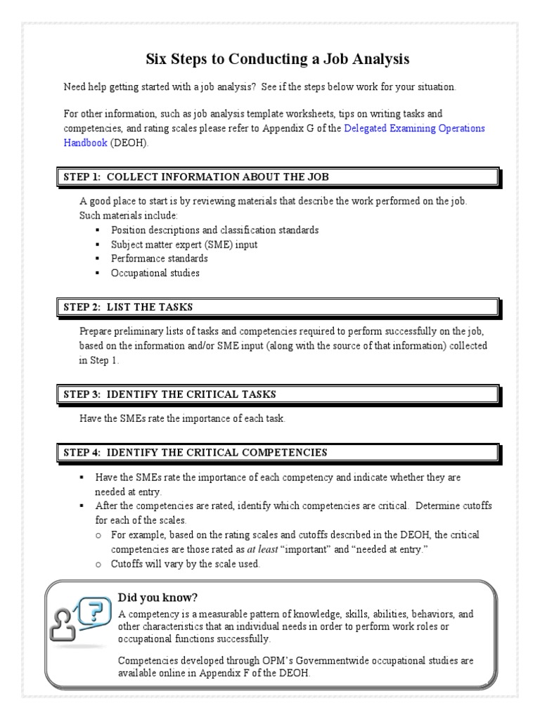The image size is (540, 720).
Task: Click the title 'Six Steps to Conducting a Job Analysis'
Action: tap(277, 58)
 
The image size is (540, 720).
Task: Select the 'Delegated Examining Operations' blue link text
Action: tap(415, 129)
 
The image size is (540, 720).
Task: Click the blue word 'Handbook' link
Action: tap(85, 142)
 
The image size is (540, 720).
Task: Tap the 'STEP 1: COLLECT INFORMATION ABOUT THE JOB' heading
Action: tap(196, 176)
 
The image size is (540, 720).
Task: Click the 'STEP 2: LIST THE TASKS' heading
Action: tap(128, 307)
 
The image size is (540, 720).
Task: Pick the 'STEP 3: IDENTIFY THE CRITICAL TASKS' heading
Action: tap(169, 394)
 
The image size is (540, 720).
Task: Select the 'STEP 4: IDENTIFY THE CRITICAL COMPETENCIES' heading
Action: tap(195, 452)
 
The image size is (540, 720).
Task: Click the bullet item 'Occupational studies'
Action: tap(155, 273)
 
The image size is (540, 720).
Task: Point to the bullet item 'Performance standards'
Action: tap(159, 259)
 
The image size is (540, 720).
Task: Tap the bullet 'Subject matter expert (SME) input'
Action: tap(184, 245)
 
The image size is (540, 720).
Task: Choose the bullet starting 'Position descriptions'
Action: tap(214, 230)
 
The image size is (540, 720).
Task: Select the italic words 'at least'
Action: tap(262, 550)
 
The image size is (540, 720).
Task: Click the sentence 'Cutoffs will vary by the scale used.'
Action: tap(185, 564)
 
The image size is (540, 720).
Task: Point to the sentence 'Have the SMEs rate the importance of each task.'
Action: tap(182, 418)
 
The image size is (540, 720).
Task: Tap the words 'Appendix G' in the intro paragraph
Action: tap(283, 129)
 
